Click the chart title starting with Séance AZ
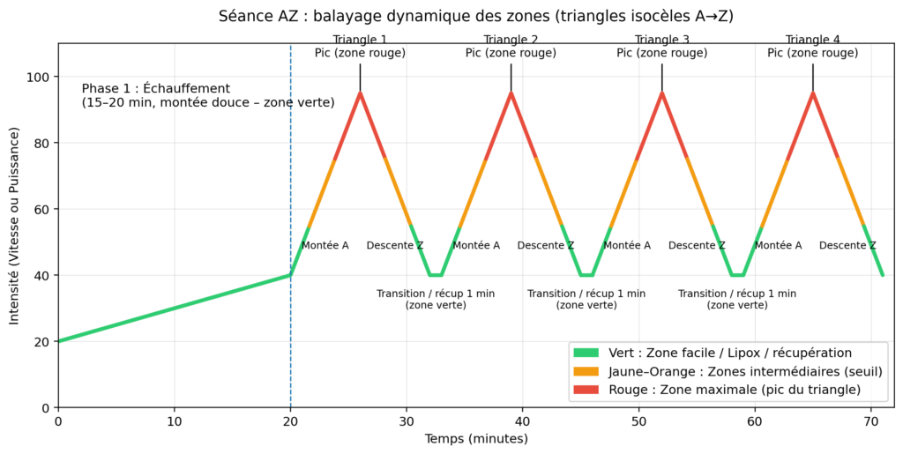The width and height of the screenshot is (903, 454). tap(475, 16)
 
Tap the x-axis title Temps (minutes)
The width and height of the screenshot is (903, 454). tap(475, 438)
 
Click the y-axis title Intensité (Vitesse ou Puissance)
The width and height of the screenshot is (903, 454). tap(15, 226)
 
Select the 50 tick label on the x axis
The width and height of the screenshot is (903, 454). tap(638, 421)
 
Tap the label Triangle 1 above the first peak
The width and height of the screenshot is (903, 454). tap(360, 40)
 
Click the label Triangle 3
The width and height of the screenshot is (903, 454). tap(662, 40)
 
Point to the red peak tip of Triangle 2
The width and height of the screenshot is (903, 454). tap(511, 93)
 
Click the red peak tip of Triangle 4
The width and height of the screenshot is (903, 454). tap(812, 93)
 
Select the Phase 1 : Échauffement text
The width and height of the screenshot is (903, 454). tap(156, 89)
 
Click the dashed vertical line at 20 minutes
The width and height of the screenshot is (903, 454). tap(291, 176)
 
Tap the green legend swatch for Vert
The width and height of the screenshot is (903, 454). tap(585, 353)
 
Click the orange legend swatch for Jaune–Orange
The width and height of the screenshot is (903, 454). tap(585, 371)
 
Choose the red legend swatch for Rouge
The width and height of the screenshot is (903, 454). tap(585, 390)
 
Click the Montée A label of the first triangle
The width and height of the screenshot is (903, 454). tap(325, 245)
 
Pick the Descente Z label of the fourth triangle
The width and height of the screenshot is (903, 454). tap(847, 245)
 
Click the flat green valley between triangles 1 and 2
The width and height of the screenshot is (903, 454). tap(436, 275)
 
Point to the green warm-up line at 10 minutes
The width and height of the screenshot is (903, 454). tap(175, 309)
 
